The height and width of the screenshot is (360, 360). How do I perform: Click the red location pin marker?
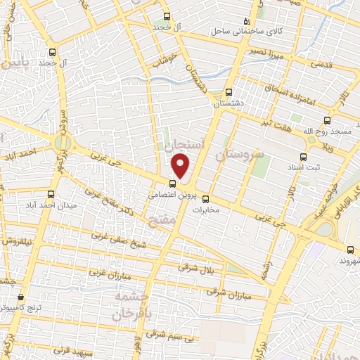click(181, 166)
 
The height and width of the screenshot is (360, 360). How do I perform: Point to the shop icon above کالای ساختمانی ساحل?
click(245, 20)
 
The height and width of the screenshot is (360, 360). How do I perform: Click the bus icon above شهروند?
click(351, 248)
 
